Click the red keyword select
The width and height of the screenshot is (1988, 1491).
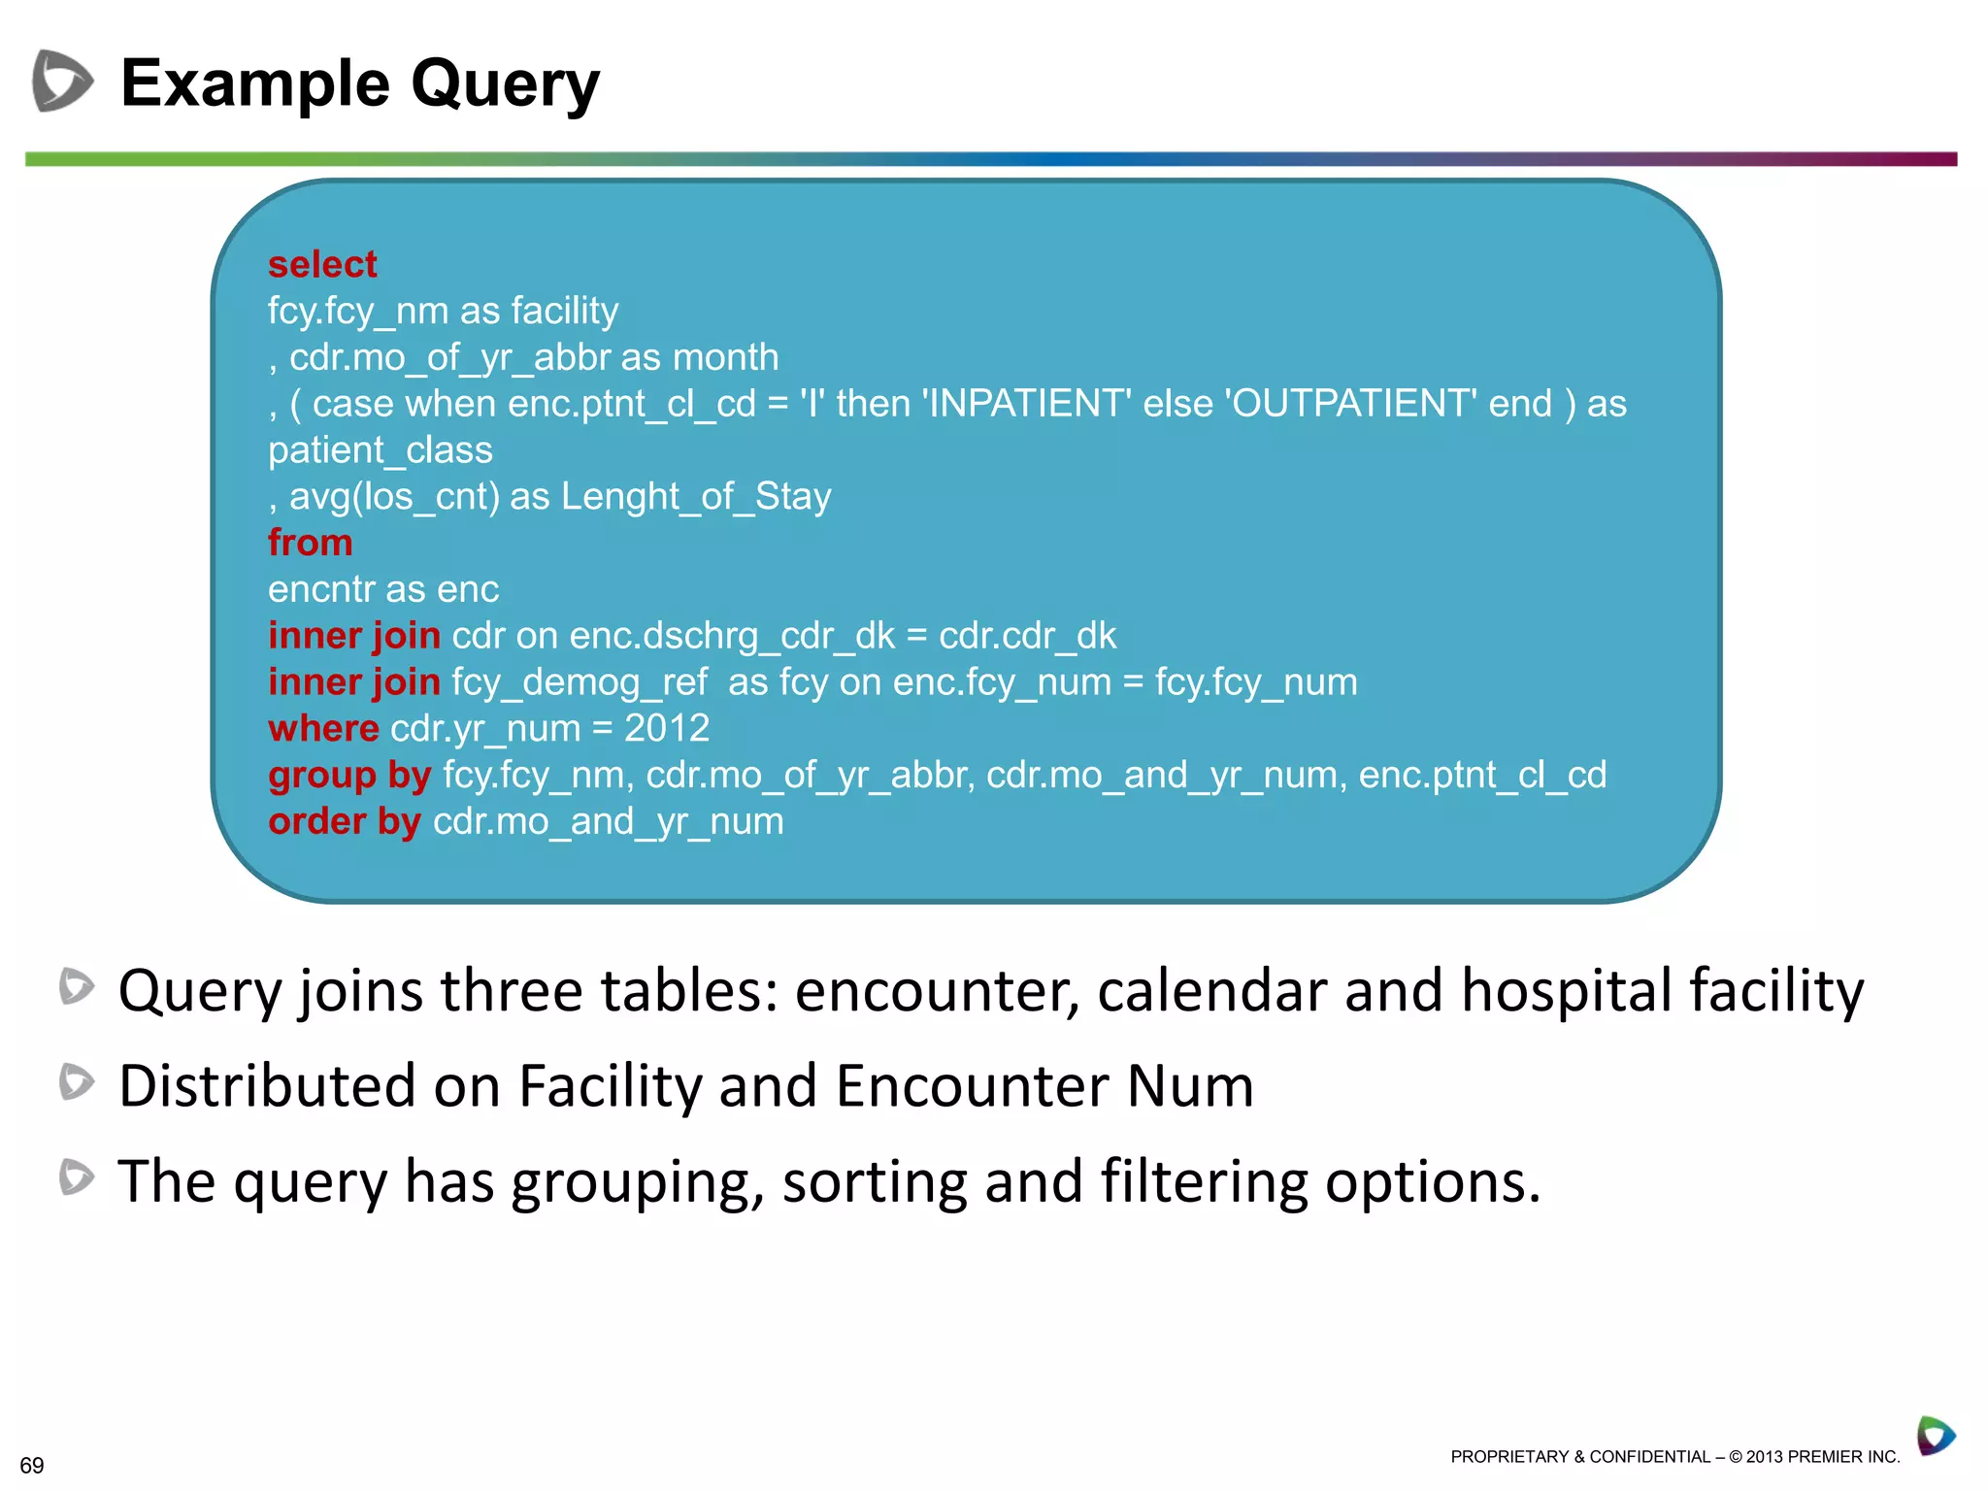(x=322, y=265)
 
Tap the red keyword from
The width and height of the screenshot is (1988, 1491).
(x=310, y=543)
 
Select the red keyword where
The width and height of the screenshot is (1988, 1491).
(x=323, y=728)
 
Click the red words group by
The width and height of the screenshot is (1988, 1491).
(x=349, y=775)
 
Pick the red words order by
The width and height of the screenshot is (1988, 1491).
(x=345, y=821)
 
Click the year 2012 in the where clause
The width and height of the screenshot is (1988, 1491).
(x=667, y=728)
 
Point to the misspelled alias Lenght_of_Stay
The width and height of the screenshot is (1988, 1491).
(x=696, y=496)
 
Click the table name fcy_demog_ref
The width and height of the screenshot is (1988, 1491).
(x=580, y=682)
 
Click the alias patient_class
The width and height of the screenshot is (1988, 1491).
(x=381, y=450)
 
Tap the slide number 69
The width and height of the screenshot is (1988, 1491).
(x=32, y=1465)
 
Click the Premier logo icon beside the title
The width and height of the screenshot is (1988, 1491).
(x=63, y=81)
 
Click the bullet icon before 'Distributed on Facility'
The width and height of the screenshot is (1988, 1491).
(x=77, y=1081)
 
